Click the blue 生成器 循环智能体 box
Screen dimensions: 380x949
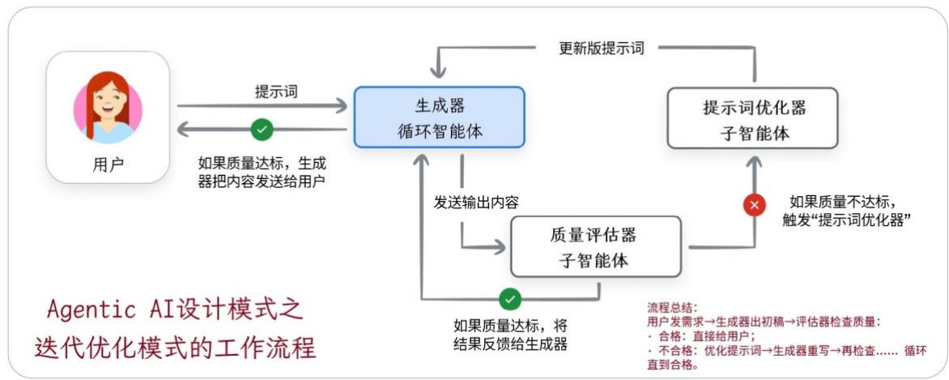pos(440,117)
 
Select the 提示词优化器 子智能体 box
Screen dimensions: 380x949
pos(755,118)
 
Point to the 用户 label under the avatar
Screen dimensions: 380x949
pos(108,166)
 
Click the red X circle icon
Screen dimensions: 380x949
pos(755,206)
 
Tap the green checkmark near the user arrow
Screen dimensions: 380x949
pos(262,129)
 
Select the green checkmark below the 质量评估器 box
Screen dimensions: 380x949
pos(509,299)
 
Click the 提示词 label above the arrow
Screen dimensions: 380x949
pos(275,92)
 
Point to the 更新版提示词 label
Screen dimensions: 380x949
pos(601,48)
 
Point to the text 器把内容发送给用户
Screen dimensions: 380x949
pos(261,179)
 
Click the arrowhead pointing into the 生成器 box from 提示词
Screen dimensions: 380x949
pos(343,105)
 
